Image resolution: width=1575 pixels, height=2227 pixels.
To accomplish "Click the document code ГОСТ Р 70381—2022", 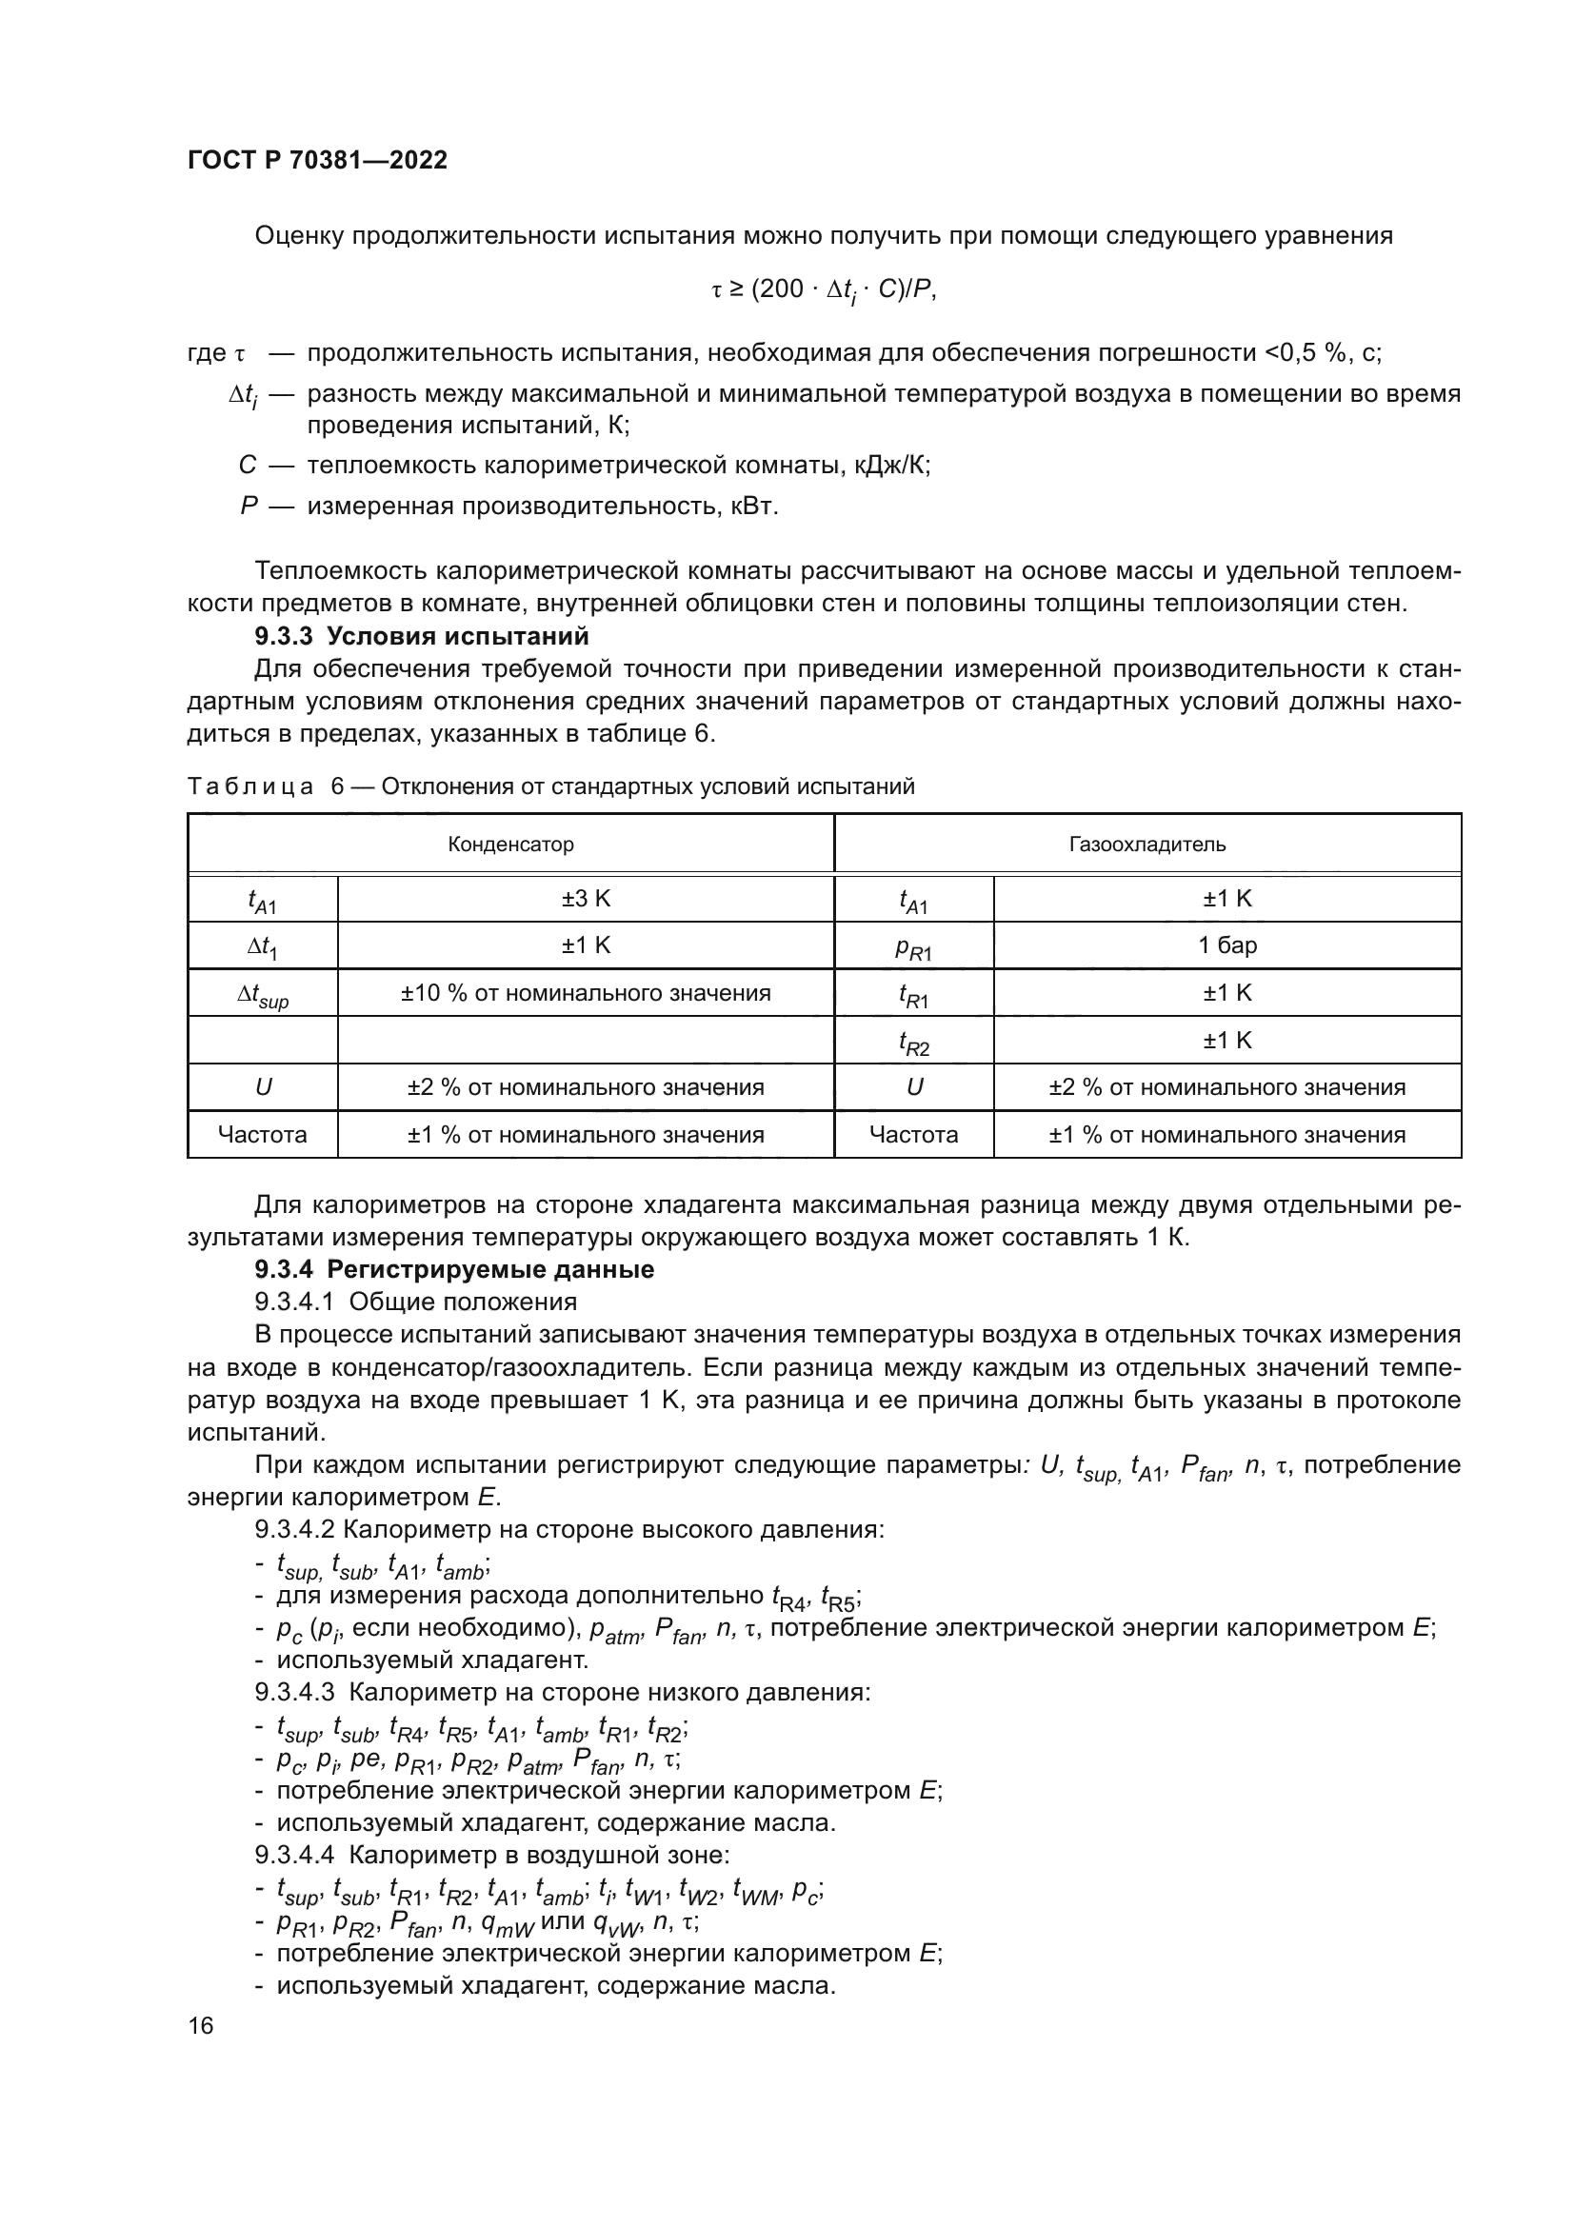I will (x=317, y=161).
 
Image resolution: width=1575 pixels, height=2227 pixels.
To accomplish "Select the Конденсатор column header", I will (x=510, y=844).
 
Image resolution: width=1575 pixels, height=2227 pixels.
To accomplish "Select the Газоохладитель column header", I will (x=1146, y=844).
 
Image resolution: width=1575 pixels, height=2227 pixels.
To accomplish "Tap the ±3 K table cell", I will (x=585, y=898).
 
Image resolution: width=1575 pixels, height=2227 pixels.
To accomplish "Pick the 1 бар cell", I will (x=1226, y=944).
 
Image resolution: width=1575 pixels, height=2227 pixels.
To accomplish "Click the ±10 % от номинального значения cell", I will (x=585, y=992).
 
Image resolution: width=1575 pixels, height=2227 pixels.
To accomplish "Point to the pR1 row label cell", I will (x=912, y=947).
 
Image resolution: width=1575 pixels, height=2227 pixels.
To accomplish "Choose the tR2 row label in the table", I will (x=912, y=1042).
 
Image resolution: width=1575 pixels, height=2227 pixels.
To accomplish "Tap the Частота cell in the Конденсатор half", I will (x=262, y=1134).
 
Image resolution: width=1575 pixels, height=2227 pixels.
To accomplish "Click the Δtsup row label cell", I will (x=262, y=995).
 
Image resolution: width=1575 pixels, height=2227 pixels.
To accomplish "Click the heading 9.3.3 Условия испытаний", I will (x=422, y=636).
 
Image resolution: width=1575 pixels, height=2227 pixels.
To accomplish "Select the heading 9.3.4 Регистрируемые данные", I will (x=454, y=1270).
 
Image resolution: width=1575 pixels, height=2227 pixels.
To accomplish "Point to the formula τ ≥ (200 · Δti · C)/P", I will (x=824, y=290).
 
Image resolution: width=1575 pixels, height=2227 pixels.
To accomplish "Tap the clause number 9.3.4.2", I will (x=294, y=1530).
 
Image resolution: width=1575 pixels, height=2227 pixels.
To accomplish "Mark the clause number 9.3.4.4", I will (x=294, y=1855).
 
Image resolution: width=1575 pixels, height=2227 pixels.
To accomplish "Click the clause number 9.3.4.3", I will (x=294, y=1693).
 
